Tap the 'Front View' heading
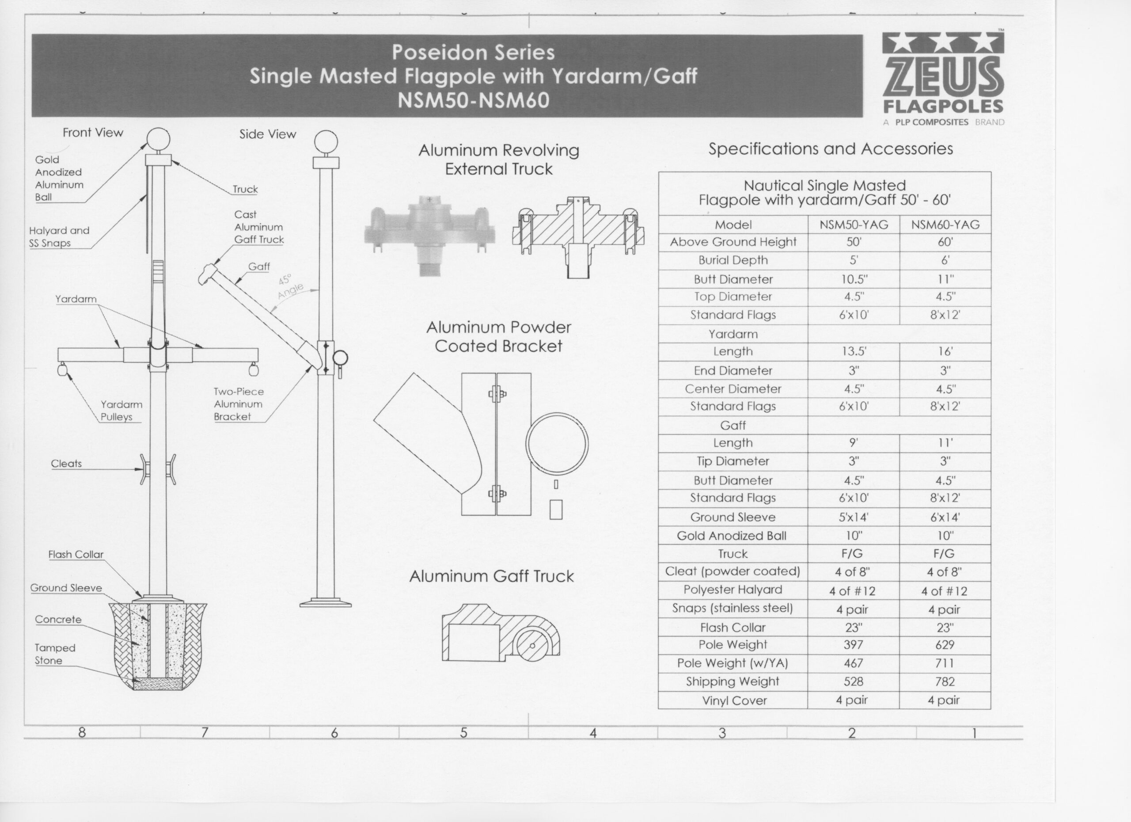[x=93, y=133]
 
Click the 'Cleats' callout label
[x=66, y=464]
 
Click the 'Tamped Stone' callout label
[x=55, y=654]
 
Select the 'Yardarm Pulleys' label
[x=121, y=411]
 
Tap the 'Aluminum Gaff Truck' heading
[x=491, y=577]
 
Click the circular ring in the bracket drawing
[x=557, y=444]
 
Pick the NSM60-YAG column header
[x=945, y=225]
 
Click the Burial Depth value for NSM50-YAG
[x=853, y=260]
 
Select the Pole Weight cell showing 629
[x=945, y=645]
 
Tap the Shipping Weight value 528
[x=853, y=682]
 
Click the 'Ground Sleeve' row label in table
[x=732, y=517]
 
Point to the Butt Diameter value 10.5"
[x=853, y=279]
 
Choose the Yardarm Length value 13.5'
[x=853, y=352]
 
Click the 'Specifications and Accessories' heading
[x=830, y=148]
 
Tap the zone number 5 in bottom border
[x=463, y=733]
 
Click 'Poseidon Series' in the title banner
[x=473, y=53]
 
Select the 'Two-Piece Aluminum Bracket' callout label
[x=239, y=404]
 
